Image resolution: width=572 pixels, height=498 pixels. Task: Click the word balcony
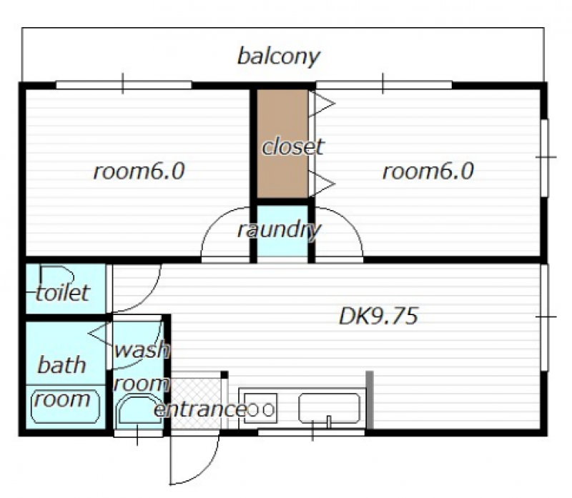(x=278, y=56)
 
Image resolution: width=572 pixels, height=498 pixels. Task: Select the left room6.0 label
(x=139, y=171)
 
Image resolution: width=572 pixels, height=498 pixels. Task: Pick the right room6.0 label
(x=428, y=171)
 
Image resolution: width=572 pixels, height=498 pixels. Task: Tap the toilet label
(x=63, y=292)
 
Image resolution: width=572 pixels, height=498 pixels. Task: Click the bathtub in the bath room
(x=64, y=404)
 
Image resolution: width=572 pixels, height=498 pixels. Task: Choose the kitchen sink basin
(x=330, y=411)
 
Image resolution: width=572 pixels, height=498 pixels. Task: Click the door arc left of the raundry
(x=223, y=236)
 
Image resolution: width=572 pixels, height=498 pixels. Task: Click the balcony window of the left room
(x=124, y=84)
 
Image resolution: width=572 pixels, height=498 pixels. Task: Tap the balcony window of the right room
(x=384, y=84)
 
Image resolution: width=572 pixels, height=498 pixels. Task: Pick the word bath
(x=61, y=365)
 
